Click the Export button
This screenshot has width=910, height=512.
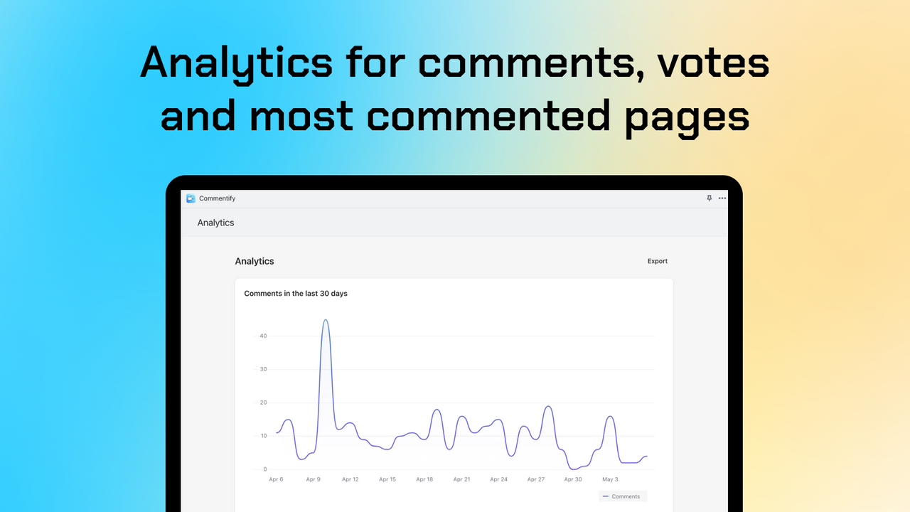pyautogui.click(x=657, y=261)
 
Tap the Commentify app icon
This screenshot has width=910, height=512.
pyautogui.click(x=191, y=198)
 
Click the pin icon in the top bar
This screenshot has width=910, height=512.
pyautogui.click(x=709, y=198)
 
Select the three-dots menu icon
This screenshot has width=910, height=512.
pyautogui.click(x=722, y=198)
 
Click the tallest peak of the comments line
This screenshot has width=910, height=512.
pyautogui.click(x=326, y=320)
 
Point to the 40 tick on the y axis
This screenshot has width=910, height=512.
pyautogui.click(x=263, y=336)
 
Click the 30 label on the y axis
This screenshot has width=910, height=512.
pyautogui.click(x=263, y=369)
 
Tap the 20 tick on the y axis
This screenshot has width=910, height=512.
pyautogui.click(x=263, y=402)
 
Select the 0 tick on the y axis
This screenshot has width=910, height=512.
pyautogui.click(x=264, y=469)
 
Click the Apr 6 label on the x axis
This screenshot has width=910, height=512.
pyautogui.click(x=276, y=479)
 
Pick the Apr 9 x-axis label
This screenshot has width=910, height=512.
pyautogui.click(x=313, y=479)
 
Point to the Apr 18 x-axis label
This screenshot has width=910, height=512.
pyautogui.click(x=424, y=479)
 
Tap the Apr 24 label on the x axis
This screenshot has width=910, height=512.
pyautogui.click(x=498, y=479)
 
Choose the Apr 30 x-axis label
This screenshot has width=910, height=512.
pyautogui.click(x=573, y=479)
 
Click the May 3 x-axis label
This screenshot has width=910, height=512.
pyautogui.click(x=610, y=479)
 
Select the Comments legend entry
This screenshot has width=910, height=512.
pyautogui.click(x=622, y=496)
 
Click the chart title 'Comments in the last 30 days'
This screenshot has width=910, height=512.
pyautogui.click(x=296, y=293)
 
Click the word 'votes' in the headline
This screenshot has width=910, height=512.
pyautogui.click(x=712, y=63)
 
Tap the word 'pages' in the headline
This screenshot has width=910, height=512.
pyautogui.click(x=687, y=117)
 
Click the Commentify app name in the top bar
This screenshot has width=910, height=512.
pyautogui.click(x=217, y=198)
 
